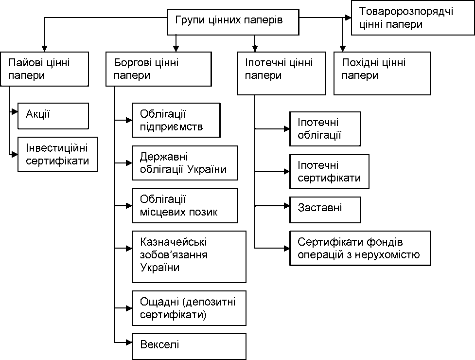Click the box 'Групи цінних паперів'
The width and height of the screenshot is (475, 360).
coord(233,22)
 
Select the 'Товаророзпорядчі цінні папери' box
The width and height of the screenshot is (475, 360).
coord(413,18)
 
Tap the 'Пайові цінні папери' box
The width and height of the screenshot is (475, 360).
coord(45,69)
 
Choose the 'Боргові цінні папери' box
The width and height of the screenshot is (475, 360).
coord(158,69)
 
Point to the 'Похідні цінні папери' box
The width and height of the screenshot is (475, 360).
coord(382,73)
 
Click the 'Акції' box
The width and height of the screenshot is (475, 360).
coord(53,116)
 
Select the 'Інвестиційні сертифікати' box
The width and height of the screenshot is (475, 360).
coord(57,155)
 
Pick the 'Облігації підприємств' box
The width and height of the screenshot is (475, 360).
coord(176,120)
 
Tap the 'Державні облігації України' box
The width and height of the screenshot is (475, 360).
coord(185,163)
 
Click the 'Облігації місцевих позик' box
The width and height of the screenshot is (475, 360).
coord(185,205)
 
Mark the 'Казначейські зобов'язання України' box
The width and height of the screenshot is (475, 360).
coord(189,257)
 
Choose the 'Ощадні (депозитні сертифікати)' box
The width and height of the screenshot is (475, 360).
coord(189,308)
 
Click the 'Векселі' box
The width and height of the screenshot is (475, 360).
coord(189,347)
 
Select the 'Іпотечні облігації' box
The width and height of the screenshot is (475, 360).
coord(325,129)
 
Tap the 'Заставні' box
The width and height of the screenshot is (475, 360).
coord(325,210)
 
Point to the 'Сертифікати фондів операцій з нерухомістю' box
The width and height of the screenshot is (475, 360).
coord(360,248)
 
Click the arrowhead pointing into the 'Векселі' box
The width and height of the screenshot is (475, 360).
coord(129,342)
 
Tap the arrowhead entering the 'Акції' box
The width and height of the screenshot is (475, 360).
coord(15,112)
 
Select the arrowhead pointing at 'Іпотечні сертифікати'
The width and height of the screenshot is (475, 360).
coord(286,172)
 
